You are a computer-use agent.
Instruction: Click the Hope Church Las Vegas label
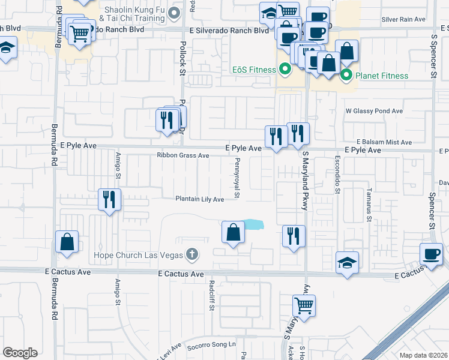[138, 255]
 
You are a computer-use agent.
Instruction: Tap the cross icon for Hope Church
[191, 254]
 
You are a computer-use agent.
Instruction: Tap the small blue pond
[255, 226]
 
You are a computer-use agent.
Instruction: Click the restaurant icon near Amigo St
[109, 199]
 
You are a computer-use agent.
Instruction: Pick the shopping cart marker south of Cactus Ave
[304, 305]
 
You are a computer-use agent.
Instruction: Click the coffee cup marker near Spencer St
[431, 254]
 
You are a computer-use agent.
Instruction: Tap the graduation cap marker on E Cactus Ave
[347, 263]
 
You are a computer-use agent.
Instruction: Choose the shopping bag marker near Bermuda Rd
[67, 242]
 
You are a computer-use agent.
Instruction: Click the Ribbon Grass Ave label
[182, 155]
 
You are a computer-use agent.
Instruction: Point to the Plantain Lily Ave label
[199, 199]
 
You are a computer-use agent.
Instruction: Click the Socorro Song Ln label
[209, 346]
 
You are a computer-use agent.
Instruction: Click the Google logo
[20, 353]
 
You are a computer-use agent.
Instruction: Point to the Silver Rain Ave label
[403, 19]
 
